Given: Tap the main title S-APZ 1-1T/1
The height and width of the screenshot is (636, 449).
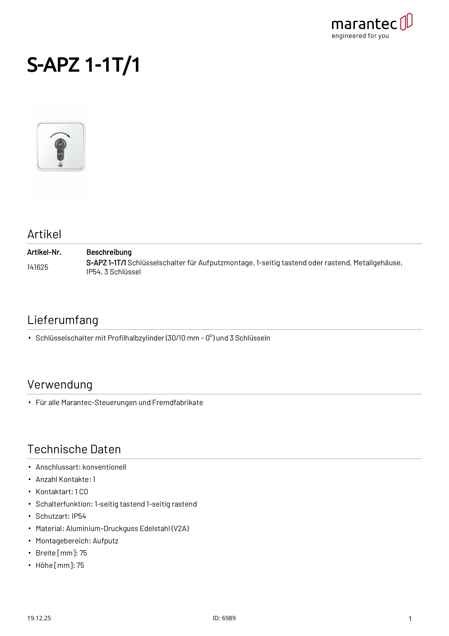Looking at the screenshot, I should (x=83, y=65).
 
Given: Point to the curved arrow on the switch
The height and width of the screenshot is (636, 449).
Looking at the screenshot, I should (x=60, y=135).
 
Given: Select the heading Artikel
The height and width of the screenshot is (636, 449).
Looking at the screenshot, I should (x=44, y=234).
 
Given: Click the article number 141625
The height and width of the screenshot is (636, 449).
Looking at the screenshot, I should (x=38, y=267).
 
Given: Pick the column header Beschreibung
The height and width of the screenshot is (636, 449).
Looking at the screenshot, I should (x=109, y=252).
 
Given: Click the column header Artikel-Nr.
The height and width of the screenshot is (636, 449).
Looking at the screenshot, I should (x=44, y=252).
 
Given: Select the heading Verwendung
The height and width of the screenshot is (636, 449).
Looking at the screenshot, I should (x=60, y=385).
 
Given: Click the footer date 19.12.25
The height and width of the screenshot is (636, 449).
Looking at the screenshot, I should (x=39, y=618).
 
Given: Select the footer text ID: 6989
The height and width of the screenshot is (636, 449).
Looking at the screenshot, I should (x=224, y=618).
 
